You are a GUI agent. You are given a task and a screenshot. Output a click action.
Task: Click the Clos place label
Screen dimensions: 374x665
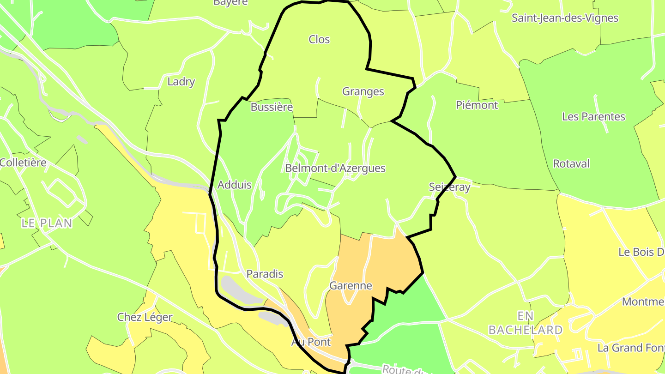click(319, 40)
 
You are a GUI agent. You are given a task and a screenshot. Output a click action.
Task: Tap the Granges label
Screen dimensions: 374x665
click(363, 91)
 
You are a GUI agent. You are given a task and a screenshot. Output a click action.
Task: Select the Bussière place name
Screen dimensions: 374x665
click(272, 107)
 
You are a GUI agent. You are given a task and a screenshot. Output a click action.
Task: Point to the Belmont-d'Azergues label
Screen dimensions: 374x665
click(335, 168)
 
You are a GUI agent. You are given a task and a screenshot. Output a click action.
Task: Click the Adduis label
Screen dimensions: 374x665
click(235, 185)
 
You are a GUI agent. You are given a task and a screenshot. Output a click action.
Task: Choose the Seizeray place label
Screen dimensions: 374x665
click(449, 187)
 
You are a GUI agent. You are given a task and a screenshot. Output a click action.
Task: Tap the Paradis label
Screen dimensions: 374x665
click(265, 274)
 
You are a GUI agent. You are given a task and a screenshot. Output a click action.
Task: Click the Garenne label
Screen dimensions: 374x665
click(351, 286)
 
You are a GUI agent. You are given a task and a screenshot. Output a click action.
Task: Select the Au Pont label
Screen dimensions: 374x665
click(311, 342)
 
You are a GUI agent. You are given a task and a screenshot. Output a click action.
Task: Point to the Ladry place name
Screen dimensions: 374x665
click(181, 82)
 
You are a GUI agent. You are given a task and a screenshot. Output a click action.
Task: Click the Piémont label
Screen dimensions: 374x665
click(477, 105)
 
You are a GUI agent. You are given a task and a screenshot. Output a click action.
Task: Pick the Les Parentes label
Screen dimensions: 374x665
click(593, 117)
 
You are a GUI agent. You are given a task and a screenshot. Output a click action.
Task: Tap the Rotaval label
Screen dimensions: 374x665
click(571, 164)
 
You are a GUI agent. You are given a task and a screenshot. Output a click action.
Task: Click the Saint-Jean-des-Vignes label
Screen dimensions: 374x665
click(565, 18)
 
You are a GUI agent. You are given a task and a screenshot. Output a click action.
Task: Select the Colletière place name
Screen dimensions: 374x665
click(23, 163)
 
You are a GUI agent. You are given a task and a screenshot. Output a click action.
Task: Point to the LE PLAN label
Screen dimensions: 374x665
click(47, 223)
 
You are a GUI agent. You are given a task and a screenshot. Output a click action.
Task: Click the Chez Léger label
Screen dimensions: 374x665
click(145, 317)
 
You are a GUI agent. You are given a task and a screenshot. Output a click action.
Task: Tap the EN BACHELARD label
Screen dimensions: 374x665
click(526, 323)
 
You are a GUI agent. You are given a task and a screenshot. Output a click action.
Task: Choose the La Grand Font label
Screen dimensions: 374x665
click(631, 348)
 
